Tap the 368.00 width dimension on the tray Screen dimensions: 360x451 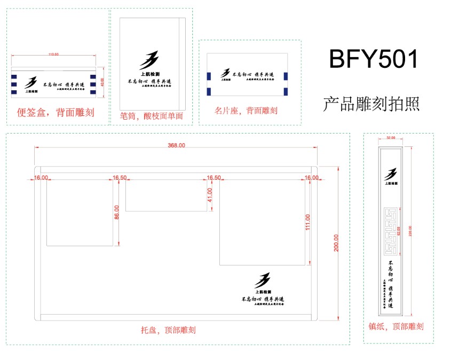176,145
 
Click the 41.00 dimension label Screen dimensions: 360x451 210,194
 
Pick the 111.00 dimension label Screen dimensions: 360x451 307,222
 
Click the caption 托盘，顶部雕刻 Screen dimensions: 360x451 165,330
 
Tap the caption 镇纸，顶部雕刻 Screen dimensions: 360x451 396,326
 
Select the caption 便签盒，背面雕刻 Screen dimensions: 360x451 56,112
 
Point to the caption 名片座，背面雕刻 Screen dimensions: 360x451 246,111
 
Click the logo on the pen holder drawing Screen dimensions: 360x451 150,60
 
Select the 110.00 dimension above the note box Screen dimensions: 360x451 53,54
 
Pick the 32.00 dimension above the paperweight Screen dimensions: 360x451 390,138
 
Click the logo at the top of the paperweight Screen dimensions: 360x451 391,174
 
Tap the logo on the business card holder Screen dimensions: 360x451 227,73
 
